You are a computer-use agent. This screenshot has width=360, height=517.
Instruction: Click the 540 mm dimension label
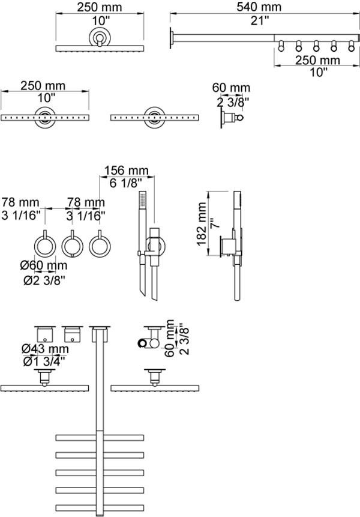pyautogui.click(x=259, y=7)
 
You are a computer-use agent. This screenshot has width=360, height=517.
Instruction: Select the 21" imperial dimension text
pyautogui.click(x=259, y=20)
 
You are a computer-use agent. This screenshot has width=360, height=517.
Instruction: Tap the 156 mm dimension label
pyautogui.click(x=127, y=171)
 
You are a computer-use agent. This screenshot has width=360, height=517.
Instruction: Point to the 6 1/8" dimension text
pyautogui.click(x=125, y=183)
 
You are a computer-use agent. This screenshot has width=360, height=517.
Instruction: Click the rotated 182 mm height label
pyautogui.click(x=202, y=224)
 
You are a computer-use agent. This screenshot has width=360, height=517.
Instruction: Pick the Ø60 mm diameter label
pyautogui.click(x=44, y=265)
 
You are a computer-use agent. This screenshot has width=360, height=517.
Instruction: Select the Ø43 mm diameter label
pyautogui.click(x=45, y=348)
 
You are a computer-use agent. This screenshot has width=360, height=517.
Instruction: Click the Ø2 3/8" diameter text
pyautogui.click(x=44, y=280)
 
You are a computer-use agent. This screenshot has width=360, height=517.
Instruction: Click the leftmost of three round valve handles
pyautogui.click(x=45, y=246)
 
